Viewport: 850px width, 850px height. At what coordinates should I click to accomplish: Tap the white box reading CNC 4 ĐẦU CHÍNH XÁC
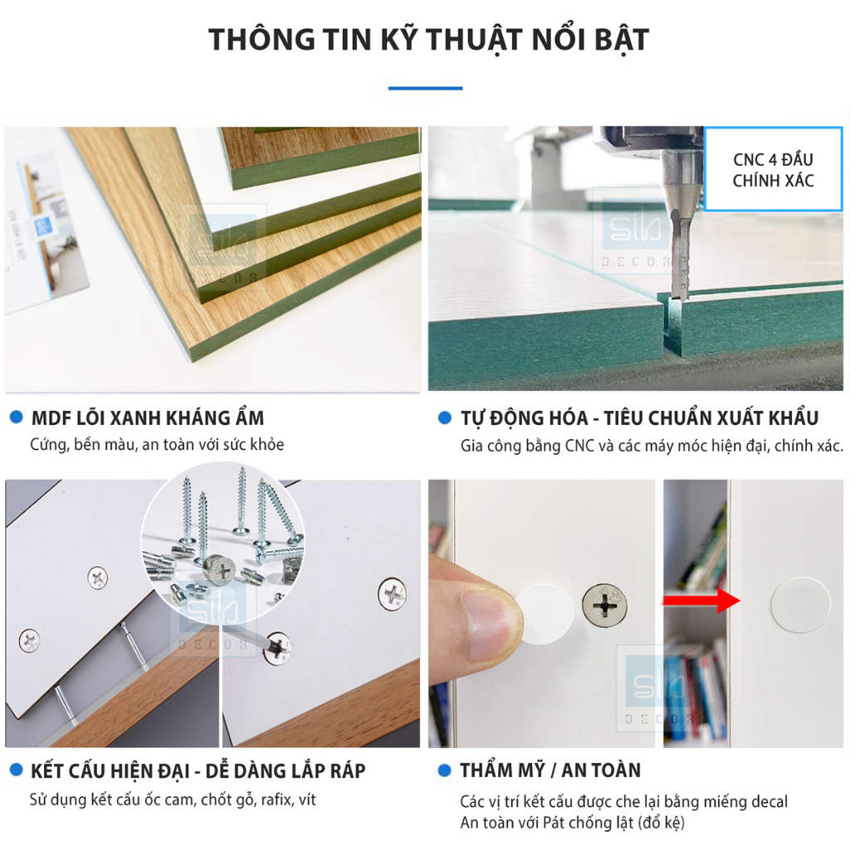tap(773, 169)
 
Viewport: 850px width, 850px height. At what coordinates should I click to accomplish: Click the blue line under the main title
tap(425, 87)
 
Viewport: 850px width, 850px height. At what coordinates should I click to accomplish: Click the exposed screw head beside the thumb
tap(605, 607)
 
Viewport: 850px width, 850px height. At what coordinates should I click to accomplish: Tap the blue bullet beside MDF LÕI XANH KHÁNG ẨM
tap(16, 417)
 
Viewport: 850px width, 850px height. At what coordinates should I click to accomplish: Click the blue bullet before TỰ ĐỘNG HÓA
tap(445, 417)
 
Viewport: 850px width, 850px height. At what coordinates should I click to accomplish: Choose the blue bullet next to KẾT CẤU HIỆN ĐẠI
tap(16, 770)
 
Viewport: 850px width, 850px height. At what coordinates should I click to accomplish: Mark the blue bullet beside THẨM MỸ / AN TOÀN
tap(445, 770)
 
